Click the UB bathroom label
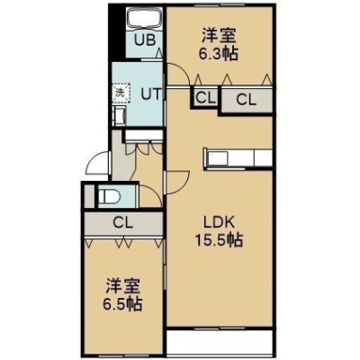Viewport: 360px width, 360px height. point(145,40)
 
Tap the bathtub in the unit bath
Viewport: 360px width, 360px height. point(145,18)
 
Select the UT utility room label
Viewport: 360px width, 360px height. point(152,94)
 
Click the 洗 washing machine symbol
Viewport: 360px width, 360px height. point(121,92)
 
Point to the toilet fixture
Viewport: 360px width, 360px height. point(109,197)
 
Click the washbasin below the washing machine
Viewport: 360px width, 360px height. point(119,117)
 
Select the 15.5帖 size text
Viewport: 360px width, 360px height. point(219,239)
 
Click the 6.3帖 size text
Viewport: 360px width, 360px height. point(218,54)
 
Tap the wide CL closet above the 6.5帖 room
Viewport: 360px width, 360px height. point(123,223)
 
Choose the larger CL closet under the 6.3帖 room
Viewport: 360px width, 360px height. point(247,99)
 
